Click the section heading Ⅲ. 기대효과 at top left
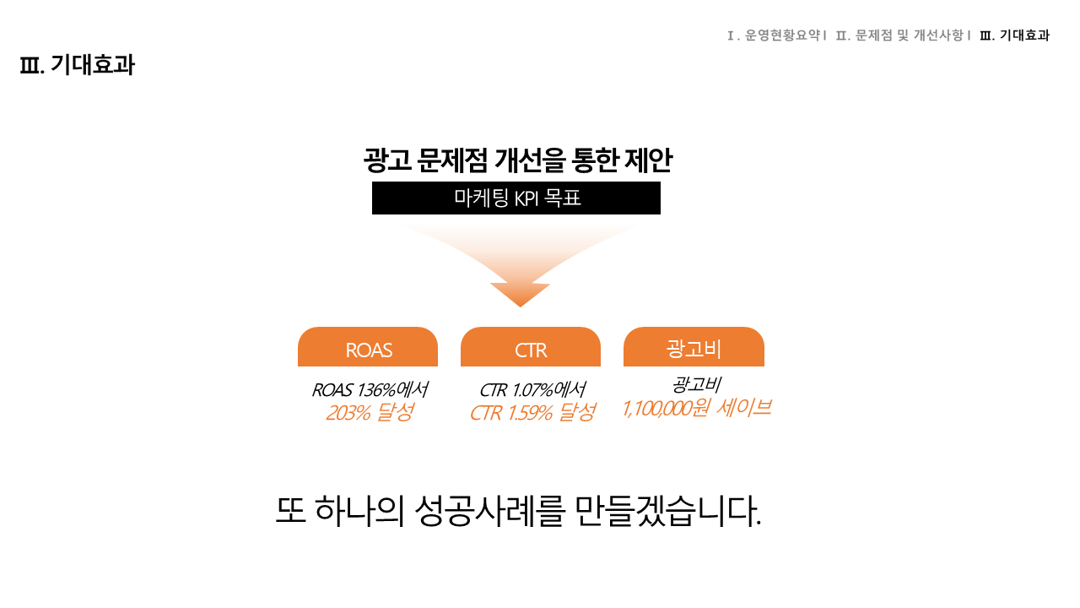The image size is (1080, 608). point(77,65)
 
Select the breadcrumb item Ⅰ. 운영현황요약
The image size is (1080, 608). point(774,35)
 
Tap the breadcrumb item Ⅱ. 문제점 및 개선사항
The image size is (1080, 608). point(899,35)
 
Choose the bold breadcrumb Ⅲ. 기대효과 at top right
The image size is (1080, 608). point(1014,35)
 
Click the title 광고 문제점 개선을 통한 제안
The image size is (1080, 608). point(518,160)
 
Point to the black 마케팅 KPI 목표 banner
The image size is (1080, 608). point(516,198)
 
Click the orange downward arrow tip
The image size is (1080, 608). point(521,307)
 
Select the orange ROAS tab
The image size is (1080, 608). point(368,346)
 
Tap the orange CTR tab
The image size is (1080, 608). point(531,346)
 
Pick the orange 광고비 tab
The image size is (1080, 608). point(694,346)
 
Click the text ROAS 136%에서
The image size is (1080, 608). point(370,390)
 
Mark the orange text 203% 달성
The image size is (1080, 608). point(370,413)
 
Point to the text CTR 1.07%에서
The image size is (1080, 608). point(532,390)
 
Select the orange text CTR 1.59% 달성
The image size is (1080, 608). point(532,413)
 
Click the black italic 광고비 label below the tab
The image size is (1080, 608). point(696,384)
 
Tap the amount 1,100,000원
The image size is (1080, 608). point(666,409)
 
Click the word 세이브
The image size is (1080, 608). point(744,408)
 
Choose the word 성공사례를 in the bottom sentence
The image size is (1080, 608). point(489,511)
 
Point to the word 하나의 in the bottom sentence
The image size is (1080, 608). point(359,511)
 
